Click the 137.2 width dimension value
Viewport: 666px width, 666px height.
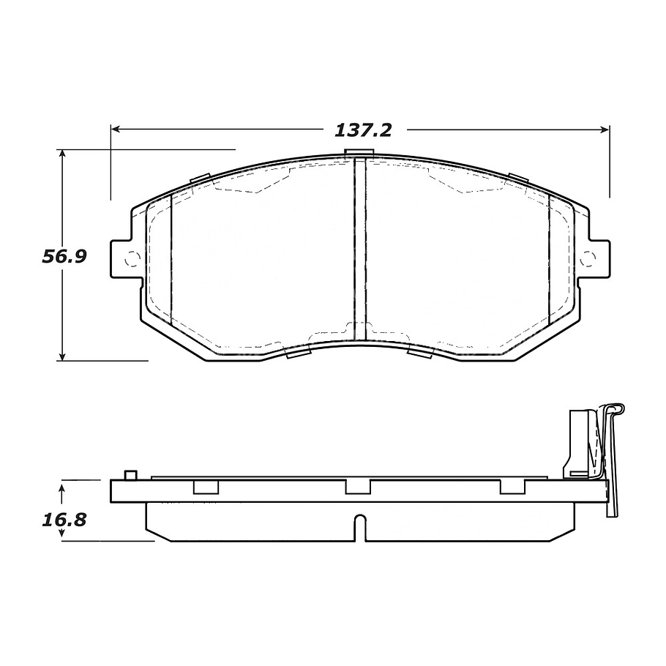pyautogui.click(x=364, y=130)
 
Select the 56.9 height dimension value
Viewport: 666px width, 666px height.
pyautogui.click(x=64, y=257)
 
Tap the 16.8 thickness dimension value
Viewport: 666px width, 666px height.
pyautogui.click(x=64, y=520)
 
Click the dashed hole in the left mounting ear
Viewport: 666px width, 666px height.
pyautogui.click(x=132, y=258)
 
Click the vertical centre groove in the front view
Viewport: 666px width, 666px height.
pyautogui.click(x=359, y=249)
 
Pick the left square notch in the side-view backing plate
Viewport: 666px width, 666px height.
pyautogui.click(x=205, y=487)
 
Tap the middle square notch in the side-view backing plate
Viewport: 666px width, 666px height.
pyautogui.click(x=358, y=487)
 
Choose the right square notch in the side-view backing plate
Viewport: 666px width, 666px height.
pyautogui.click(x=512, y=487)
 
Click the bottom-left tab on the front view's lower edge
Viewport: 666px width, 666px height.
pyautogui.click(x=296, y=353)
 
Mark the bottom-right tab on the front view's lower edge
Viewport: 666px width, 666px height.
pyautogui.click(x=420, y=353)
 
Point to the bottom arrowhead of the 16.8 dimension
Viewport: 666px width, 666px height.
pyautogui.click(x=63, y=536)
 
